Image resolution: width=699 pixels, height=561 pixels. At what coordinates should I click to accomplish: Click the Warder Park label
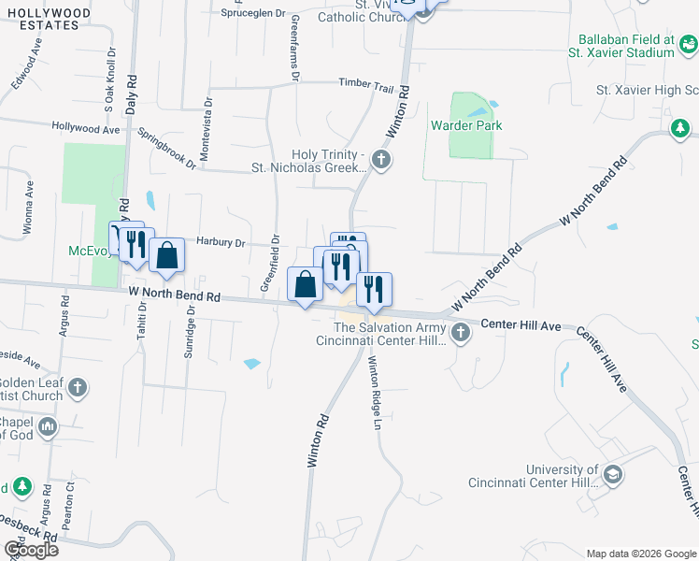point(466,125)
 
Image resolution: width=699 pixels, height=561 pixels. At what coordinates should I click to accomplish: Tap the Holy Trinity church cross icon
point(380,160)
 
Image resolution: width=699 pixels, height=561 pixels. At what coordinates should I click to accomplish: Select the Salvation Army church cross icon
point(459,333)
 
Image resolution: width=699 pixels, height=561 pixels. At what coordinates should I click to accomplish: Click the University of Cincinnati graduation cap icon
point(612,475)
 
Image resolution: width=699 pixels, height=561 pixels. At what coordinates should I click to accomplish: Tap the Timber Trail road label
point(366,85)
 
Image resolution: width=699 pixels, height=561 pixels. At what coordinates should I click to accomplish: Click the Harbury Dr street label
point(221,242)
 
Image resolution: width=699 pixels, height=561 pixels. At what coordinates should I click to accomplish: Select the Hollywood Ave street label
point(87,127)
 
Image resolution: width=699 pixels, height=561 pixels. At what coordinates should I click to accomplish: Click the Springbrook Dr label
point(167,148)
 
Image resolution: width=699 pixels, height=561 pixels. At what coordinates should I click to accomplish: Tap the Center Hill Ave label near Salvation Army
point(521,325)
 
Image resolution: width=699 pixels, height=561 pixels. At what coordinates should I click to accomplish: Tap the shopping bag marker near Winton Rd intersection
point(306,284)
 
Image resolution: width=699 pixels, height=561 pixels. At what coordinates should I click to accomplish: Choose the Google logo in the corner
point(31,550)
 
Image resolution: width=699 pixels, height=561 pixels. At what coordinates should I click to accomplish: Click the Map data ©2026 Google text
point(640,553)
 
